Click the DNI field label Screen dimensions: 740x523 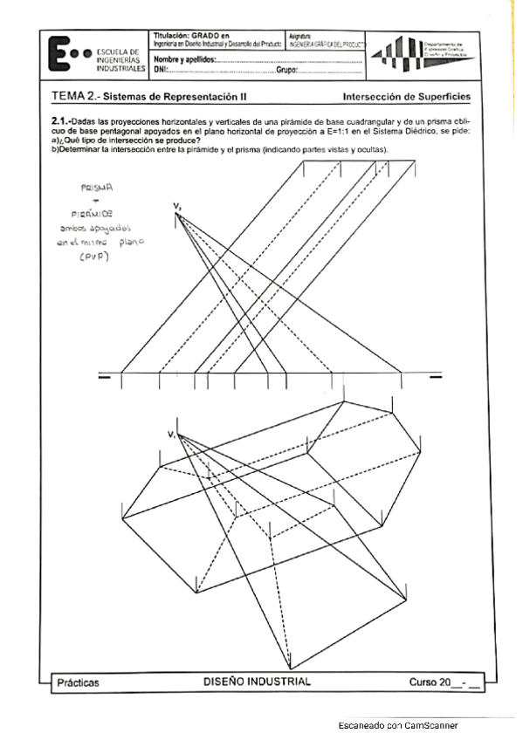tap(160, 70)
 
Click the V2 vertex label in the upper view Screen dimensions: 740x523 tap(177, 207)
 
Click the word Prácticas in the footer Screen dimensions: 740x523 tap(77, 682)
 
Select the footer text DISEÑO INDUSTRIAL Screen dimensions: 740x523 tap(256, 681)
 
